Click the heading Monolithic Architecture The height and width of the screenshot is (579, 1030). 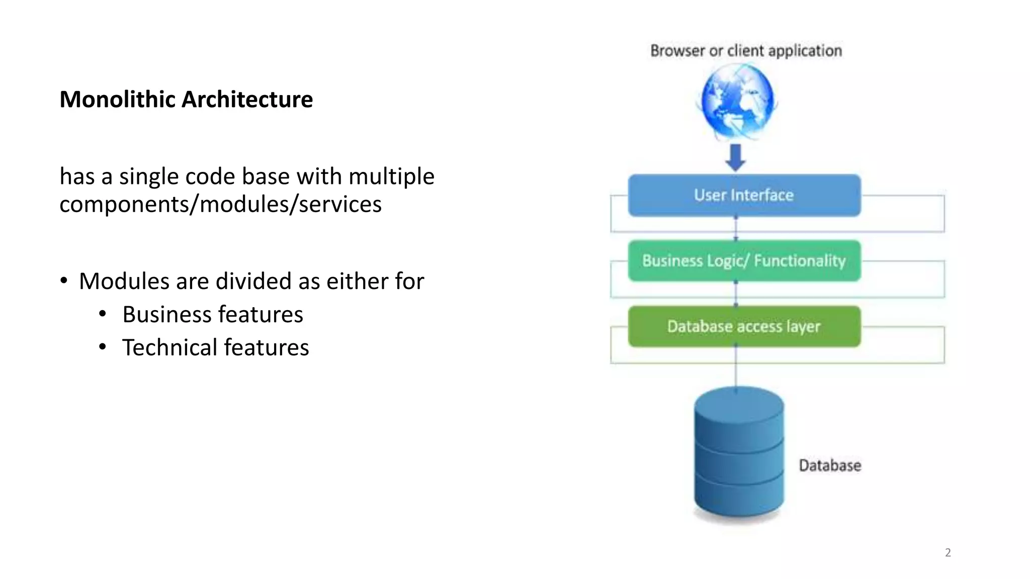coord(186,100)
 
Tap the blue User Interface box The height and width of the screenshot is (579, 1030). coord(744,196)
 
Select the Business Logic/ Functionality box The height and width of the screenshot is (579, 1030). coord(744,261)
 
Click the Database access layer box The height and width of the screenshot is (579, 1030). coord(744,327)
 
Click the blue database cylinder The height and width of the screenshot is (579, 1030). coord(738,452)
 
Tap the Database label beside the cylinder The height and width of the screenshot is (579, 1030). coord(830,465)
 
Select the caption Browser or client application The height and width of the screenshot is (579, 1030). coord(746,51)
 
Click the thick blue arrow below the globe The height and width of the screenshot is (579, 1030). coord(735,157)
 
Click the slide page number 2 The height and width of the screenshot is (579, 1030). coord(948,553)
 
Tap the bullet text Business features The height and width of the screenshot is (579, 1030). coord(213,315)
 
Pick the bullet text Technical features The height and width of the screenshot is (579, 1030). coord(215,348)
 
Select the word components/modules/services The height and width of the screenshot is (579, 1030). coord(220,205)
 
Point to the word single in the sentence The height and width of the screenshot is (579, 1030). coord(148,177)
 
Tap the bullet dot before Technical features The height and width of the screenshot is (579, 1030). coord(103,347)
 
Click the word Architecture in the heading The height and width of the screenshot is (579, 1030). coord(247,100)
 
